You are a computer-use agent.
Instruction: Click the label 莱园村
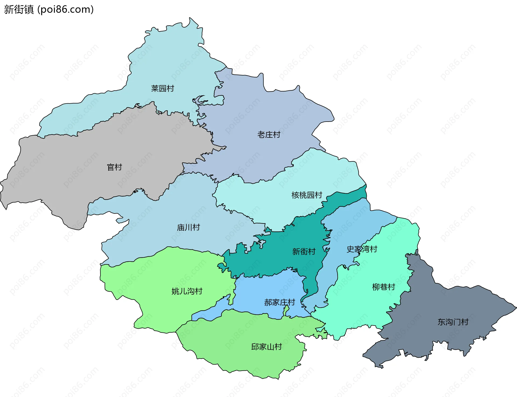tap(162, 88)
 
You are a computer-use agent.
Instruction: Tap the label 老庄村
tap(269, 135)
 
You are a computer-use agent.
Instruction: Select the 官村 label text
tap(114, 167)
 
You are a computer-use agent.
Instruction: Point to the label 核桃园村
tap(307, 195)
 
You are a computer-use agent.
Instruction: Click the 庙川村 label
tap(188, 228)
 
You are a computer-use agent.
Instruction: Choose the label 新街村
tap(304, 252)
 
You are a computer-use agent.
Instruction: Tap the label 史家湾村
tap(362, 249)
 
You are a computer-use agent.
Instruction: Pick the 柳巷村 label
tap(383, 287)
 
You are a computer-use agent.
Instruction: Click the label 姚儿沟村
tap(187, 291)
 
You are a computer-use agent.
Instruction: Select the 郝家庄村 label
tap(280, 303)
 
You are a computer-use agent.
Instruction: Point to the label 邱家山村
tap(266, 347)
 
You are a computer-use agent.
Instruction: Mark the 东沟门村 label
tap(453, 322)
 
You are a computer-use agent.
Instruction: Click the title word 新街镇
tap(19, 9)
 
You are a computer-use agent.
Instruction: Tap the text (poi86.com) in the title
tap(65, 9)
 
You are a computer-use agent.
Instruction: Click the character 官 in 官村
tap(111, 167)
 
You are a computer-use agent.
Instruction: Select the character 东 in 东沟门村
tap(442, 322)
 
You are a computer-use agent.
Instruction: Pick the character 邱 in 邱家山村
tap(255, 347)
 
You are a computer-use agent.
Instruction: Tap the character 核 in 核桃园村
tap(295, 195)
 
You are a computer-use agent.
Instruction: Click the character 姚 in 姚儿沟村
tap(175, 291)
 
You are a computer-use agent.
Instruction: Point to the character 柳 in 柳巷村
tap(376, 287)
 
